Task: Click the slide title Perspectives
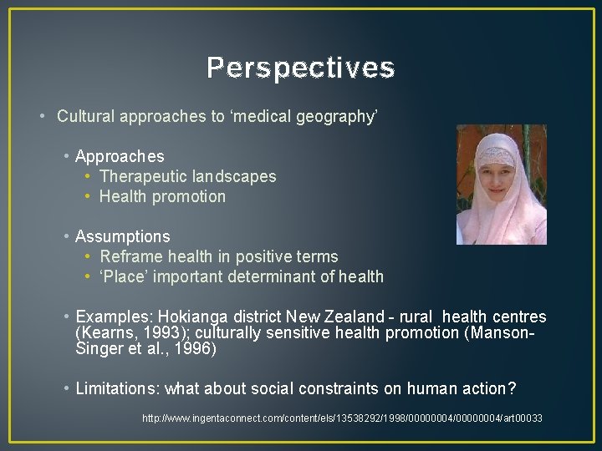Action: click(300, 68)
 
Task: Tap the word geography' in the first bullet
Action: click(344, 116)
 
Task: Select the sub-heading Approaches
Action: click(120, 156)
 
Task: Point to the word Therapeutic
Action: click(143, 176)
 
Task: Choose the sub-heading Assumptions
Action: click(122, 236)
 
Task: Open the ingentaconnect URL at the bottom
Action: click(342, 418)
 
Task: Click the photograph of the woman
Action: click(501, 185)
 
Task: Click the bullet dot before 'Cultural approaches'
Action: click(43, 116)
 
